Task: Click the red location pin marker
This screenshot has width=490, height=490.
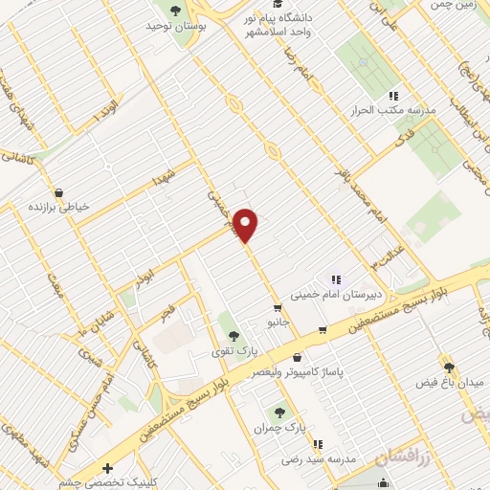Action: (x=246, y=224)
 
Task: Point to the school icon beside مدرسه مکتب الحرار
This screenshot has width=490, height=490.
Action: (x=392, y=97)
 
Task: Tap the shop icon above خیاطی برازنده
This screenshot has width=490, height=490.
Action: (x=59, y=191)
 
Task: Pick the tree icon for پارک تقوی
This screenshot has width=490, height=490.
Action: (x=234, y=336)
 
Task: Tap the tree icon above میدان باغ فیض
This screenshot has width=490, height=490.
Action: (x=448, y=366)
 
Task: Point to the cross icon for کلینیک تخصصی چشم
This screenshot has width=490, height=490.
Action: (x=108, y=469)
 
